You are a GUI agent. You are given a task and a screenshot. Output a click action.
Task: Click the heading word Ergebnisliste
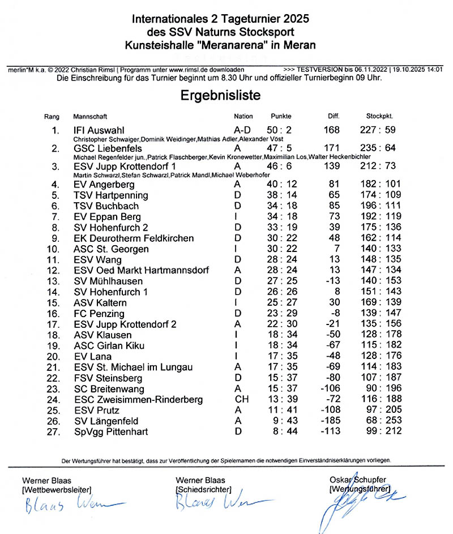[221, 95]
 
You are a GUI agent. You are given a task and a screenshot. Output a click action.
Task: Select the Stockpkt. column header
[380, 117]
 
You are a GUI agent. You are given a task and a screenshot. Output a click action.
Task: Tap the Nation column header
[243, 117]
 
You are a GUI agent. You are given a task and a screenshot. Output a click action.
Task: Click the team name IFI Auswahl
[99, 131]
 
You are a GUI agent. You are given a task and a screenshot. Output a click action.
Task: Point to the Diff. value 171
[332, 148]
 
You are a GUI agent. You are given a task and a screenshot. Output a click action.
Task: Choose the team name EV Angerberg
[104, 185]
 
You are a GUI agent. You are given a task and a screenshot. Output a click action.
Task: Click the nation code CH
[240, 400]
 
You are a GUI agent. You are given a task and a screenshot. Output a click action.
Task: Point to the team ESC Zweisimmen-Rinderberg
[138, 400]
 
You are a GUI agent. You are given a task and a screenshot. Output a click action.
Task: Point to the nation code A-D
[242, 131]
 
